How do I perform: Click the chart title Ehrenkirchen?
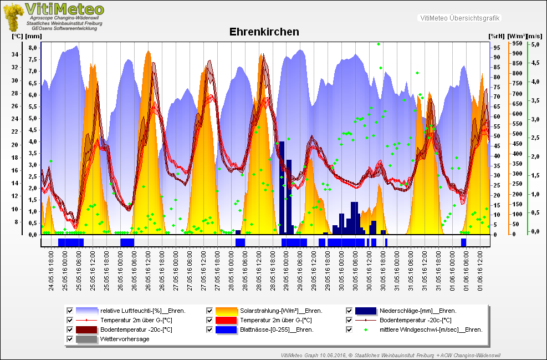tap(264, 32)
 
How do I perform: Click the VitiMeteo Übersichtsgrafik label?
tap(460, 18)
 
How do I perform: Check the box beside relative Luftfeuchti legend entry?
tap(70, 311)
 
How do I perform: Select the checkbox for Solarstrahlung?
tap(209, 311)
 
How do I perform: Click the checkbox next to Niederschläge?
tap(350, 311)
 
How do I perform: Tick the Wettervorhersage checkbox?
tap(70, 339)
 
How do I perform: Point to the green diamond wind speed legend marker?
tap(366, 329)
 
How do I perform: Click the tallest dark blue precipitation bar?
tap(282, 187)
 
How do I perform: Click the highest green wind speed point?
tap(379, 44)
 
